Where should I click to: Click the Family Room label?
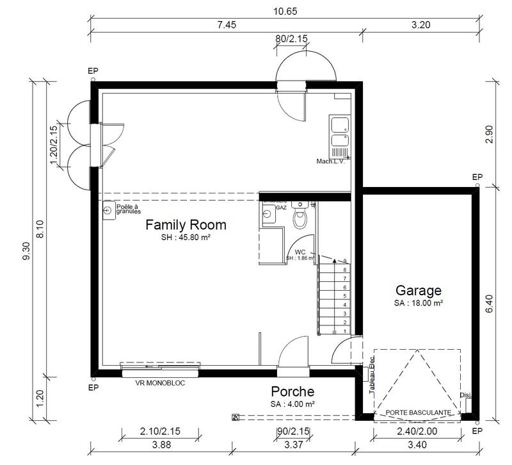(x=186, y=225)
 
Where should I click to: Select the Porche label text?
(x=292, y=391)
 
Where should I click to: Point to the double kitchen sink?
(x=339, y=132)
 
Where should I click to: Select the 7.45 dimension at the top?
(x=227, y=25)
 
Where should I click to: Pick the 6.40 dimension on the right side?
(x=490, y=302)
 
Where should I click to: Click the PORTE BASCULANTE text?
(x=417, y=412)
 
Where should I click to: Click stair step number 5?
(x=345, y=297)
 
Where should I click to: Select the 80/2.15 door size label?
(x=292, y=39)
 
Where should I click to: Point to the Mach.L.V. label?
(x=330, y=161)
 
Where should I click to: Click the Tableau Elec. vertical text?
(x=371, y=375)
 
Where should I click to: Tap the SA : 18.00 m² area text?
(x=419, y=302)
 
